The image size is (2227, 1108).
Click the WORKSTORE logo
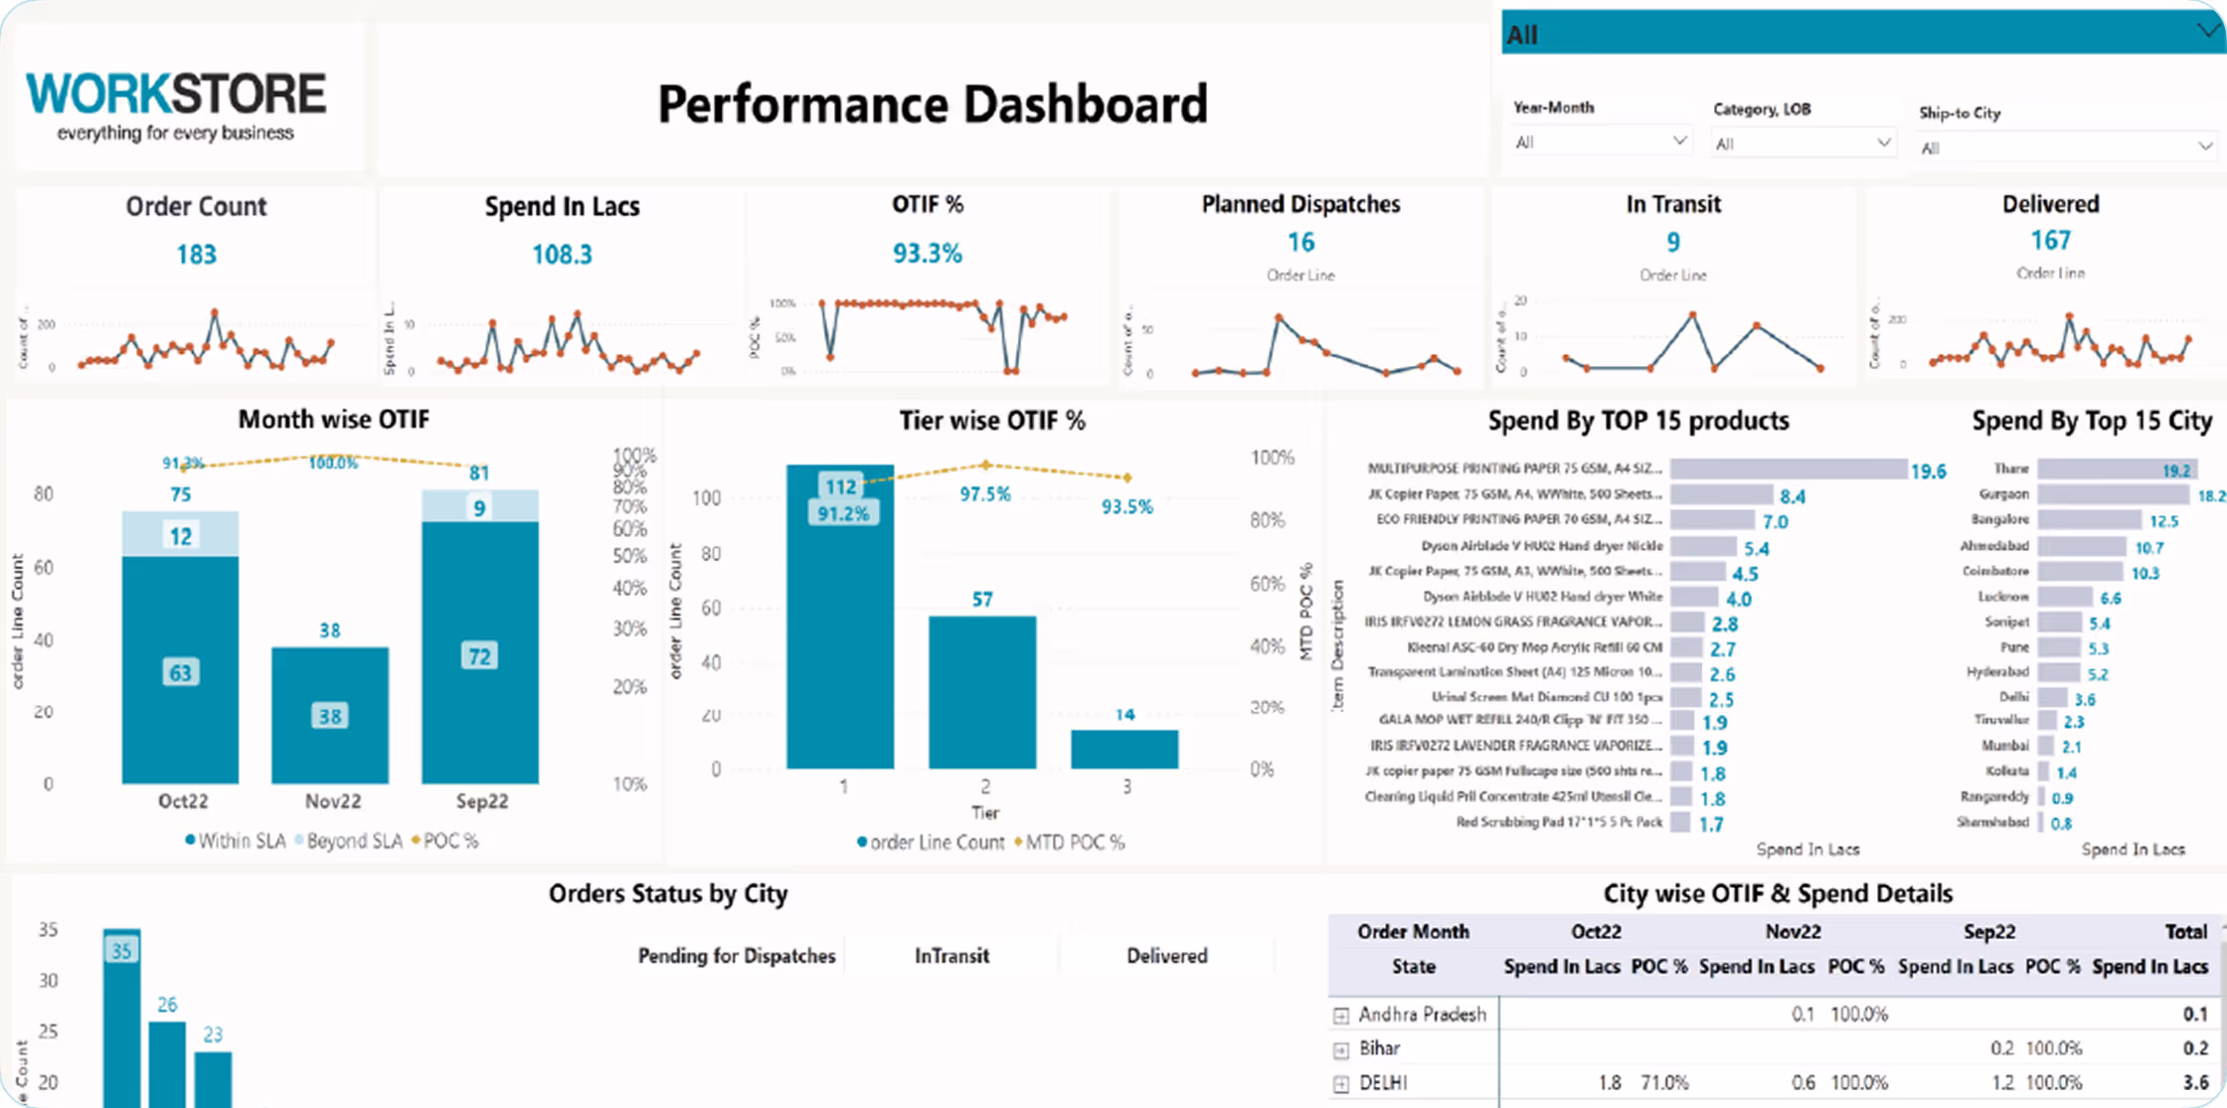[x=176, y=104]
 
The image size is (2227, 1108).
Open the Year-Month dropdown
[x=1600, y=142]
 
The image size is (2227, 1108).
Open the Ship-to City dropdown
[x=2067, y=147]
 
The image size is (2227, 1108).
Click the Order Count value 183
[x=196, y=255]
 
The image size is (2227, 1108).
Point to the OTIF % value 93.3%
[x=927, y=254]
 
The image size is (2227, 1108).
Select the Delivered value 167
[x=2050, y=241]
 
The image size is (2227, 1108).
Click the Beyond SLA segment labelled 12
[x=180, y=535]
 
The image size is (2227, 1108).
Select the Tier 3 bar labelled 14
[x=1124, y=749]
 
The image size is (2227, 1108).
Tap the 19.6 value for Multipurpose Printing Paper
[x=1928, y=471]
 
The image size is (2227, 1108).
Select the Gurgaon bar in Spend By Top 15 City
[x=2113, y=494]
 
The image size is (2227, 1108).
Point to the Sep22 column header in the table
[x=1988, y=932]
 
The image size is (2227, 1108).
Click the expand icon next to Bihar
[x=1341, y=1049]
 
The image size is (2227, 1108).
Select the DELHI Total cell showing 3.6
[x=2195, y=1082]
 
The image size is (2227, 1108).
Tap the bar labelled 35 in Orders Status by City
[x=121, y=1015]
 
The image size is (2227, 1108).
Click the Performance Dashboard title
[x=933, y=104]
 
